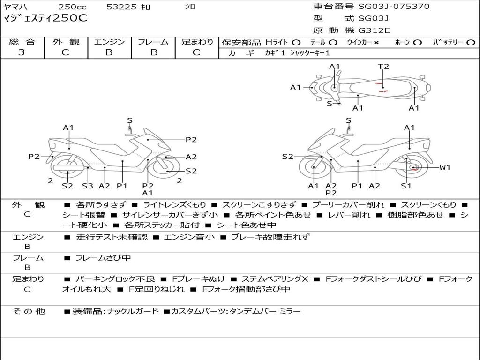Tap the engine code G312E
point(375,30)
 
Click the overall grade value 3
point(22,52)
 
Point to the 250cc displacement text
point(72,7)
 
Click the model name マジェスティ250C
point(45,19)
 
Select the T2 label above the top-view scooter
point(383,67)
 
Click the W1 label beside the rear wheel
point(444,167)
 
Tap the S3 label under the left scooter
point(88,186)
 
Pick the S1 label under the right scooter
point(406,186)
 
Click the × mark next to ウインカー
point(376,42)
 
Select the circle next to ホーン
point(418,42)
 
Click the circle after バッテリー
point(471,42)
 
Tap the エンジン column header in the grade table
point(109,42)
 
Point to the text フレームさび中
point(103,258)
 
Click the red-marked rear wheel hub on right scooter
point(413,167)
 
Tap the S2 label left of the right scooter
point(287,157)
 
